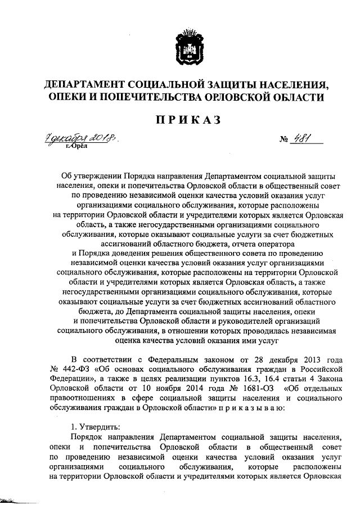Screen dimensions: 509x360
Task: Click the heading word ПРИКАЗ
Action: coord(180,120)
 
